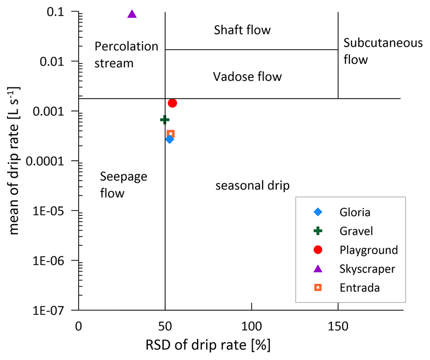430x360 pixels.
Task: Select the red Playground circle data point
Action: [172, 103]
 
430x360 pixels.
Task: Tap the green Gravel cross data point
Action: [164, 120]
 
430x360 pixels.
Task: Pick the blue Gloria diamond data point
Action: [169, 139]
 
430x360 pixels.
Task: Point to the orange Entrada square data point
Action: [170, 134]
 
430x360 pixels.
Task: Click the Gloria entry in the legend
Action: [355, 212]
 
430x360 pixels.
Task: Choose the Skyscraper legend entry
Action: [367, 269]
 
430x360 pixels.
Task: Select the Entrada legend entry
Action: [359, 287]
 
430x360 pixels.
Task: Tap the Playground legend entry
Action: [368, 250]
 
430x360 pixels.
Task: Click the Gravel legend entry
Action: [356, 231]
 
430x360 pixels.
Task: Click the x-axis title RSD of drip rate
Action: [208, 345]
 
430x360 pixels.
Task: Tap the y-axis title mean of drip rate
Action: [14, 161]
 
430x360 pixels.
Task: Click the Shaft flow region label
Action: [242, 30]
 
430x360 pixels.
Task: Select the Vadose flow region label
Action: [247, 77]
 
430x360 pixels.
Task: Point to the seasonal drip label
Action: [252, 186]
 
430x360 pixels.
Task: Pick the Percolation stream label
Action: [127, 55]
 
